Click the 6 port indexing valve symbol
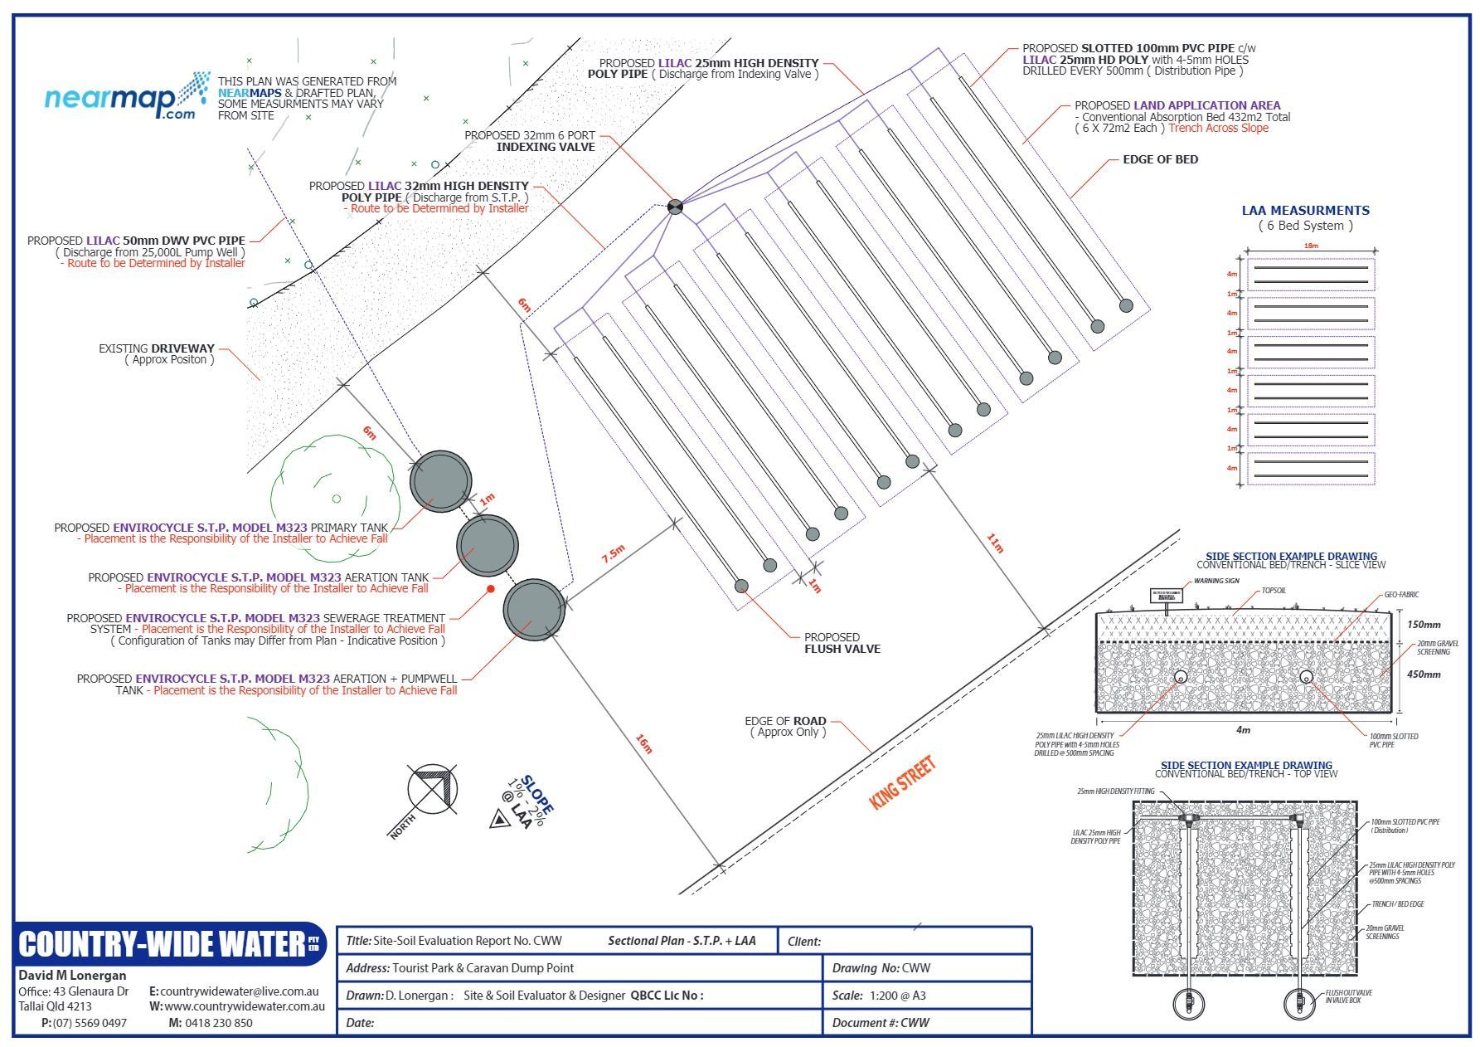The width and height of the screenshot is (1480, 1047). coord(675,207)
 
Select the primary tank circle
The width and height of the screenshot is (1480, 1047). coord(440,481)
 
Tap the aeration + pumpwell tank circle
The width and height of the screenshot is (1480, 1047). coord(535,610)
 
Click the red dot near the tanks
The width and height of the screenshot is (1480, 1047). coord(491,589)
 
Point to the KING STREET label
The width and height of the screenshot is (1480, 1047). coord(902,782)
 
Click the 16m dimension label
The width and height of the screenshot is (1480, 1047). coord(644,744)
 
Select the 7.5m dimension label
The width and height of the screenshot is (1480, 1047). coord(613,555)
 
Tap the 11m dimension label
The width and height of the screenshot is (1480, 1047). coord(995,543)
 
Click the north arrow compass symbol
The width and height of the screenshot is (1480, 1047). coord(432,790)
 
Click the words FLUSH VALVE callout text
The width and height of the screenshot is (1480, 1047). coord(842,649)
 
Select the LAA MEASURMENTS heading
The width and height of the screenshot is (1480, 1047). coord(1305,211)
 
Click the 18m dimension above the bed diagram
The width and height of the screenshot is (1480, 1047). coord(1310,246)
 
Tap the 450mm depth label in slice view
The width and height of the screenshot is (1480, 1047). coord(1423,674)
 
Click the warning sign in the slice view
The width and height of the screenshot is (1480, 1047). coord(1166,596)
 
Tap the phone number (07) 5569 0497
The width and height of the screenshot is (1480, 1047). coord(90,1023)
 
